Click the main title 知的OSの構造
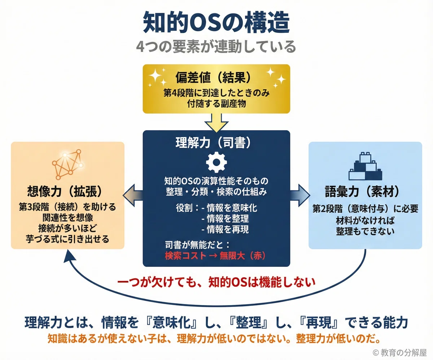216,22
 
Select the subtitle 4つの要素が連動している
216,47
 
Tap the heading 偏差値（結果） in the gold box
214,78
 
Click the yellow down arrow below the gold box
216,123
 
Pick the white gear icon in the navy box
216,162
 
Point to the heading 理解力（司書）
214,143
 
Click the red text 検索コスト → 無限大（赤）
215,256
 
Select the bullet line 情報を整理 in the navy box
225,218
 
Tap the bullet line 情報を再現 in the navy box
225,229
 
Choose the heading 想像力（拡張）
65,191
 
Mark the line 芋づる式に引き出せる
67,239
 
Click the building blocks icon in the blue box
366,166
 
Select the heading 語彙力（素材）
362,191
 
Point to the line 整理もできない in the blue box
365,231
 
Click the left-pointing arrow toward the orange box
133,195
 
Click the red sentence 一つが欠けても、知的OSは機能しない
216,282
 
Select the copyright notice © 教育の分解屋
399,352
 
